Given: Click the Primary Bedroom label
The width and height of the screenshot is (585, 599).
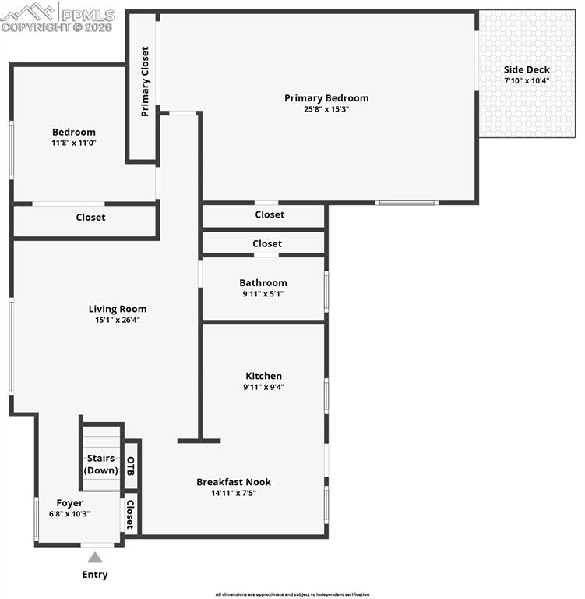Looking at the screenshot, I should (x=326, y=98).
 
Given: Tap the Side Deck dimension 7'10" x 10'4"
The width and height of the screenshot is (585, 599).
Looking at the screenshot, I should (x=527, y=80).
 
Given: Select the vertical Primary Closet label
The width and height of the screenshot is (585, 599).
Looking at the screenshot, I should (x=145, y=82).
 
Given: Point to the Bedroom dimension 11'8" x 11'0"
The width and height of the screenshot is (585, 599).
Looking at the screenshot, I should (x=74, y=143).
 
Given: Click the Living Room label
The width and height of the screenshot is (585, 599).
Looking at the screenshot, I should (x=117, y=309).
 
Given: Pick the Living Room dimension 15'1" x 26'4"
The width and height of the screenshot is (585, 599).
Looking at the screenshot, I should (x=117, y=320).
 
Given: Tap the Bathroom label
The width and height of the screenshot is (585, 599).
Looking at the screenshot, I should (x=263, y=283).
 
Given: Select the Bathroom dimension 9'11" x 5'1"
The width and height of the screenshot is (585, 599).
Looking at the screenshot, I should (x=263, y=294).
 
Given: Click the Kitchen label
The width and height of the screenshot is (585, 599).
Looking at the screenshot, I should (x=263, y=376).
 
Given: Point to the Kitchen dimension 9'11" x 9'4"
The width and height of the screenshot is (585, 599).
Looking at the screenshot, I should (x=263, y=387).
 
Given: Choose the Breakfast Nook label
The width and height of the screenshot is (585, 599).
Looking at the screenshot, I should (x=233, y=482).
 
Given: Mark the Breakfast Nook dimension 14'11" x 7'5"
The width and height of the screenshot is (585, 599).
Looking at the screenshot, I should (x=233, y=493).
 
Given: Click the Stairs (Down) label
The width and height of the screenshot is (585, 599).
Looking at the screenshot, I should (x=100, y=464).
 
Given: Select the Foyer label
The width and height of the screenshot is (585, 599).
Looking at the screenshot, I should (x=69, y=503).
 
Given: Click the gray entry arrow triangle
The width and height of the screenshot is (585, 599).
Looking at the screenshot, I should (x=94, y=558).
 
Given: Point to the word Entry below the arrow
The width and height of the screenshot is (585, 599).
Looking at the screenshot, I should (x=95, y=575).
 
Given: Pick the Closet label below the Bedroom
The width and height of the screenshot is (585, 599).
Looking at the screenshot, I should (x=90, y=218).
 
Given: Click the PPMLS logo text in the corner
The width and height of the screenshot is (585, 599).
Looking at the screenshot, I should (x=86, y=15).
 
